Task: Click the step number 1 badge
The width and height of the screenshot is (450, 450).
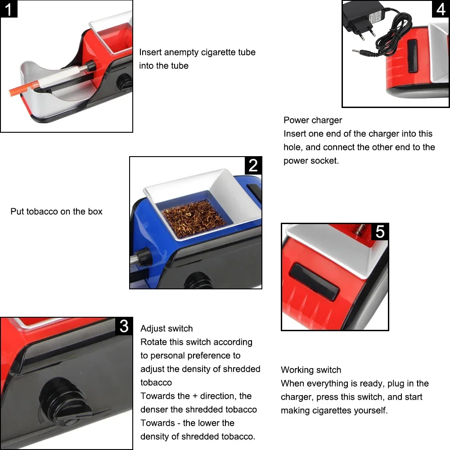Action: [x=9, y=9]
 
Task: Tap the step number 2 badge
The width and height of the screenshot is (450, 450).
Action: [x=253, y=166]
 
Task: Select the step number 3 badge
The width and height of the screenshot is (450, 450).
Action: [x=124, y=326]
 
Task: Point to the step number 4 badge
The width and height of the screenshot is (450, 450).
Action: [x=441, y=9]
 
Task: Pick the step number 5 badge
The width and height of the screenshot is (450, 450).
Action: [x=380, y=232]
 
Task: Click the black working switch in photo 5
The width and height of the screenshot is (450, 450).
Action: [x=314, y=281]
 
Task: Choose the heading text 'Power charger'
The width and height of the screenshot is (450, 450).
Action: [x=312, y=120]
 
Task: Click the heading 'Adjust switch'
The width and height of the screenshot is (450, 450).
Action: [x=166, y=328]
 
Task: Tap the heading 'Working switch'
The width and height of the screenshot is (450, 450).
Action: [x=311, y=370]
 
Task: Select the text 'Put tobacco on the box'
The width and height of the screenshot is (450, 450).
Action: [x=56, y=211]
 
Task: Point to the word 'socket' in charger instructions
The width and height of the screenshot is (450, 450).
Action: [x=324, y=161]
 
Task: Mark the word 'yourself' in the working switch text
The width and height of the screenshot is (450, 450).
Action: [x=371, y=410]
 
